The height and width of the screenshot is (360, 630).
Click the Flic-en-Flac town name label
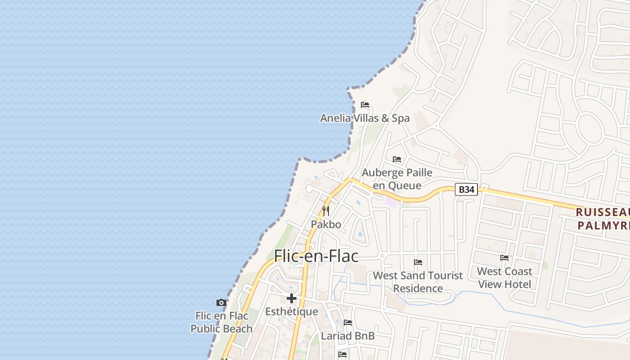pyautogui.click(x=316, y=256)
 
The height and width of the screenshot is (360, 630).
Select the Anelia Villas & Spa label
pyautogui.click(x=364, y=118)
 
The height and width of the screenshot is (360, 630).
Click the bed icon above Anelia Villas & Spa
pyautogui.click(x=365, y=105)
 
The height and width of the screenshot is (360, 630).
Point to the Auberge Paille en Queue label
pyautogui.click(x=397, y=179)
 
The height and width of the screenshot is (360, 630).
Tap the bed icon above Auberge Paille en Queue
pyautogui.click(x=397, y=159)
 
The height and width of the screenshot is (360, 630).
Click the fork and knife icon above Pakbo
pyautogui.click(x=326, y=211)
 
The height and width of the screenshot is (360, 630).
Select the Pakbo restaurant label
pyautogui.click(x=326, y=224)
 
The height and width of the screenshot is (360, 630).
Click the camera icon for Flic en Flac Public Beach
pyautogui.click(x=221, y=302)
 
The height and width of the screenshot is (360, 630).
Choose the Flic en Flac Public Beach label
pyautogui.click(x=221, y=322)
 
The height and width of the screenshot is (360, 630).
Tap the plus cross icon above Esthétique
pyautogui.click(x=292, y=298)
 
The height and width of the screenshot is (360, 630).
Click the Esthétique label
pyautogui.click(x=292, y=311)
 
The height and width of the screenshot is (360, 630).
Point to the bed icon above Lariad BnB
pyautogui.click(x=348, y=323)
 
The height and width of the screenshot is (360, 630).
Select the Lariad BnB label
pyautogui.click(x=348, y=336)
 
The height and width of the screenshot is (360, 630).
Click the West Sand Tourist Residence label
pyautogui.click(x=418, y=282)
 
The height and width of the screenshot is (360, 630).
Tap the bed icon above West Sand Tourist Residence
pyautogui.click(x=418, y=262)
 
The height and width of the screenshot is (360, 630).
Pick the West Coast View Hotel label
pyautogui.click(x=504, y=278)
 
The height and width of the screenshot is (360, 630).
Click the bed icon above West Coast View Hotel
pyautogui.click(x=504, y=258)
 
